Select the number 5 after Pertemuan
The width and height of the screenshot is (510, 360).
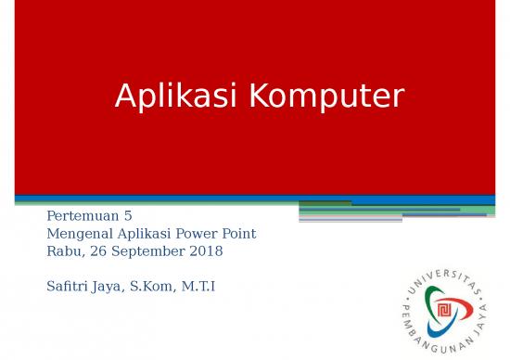click(x=128, y=216)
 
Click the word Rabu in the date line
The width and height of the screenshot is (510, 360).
click(x=62, y=251)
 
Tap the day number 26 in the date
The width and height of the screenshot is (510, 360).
click(x=96, y=251)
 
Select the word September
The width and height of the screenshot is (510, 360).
click(x=148, y=251)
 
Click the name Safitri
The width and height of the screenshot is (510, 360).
click(x=67, y=286)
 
